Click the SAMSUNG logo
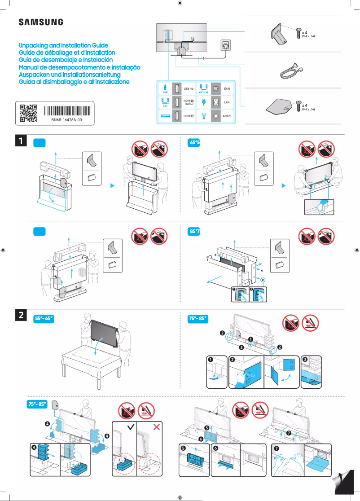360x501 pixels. click(40, 22)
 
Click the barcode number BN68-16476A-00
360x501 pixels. click(66, 121)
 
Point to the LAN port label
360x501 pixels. click(227, 102)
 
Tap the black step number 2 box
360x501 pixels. click(21, 316)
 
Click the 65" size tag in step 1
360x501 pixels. click(194, 143)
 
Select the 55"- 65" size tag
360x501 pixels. click(44, 319)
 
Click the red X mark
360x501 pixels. click(157, 426)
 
